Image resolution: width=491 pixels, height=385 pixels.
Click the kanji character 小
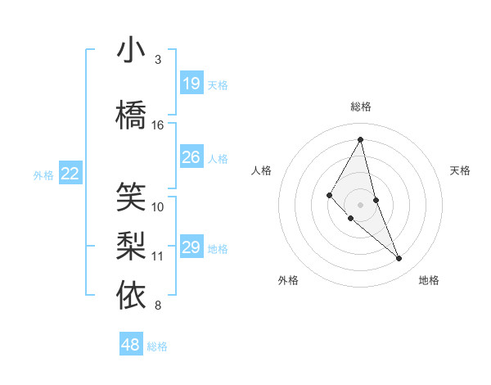pyautogui.click(x=131, y=51)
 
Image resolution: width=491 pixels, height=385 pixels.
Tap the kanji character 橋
pyautogui.click(x=131, y=115)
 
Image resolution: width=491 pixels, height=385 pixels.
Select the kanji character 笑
pyautogui.click(x=131, y=197)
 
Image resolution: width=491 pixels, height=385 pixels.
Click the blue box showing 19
pyautogui.click(x=191, y=84)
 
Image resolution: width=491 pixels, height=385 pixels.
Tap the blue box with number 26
pyautogui.click(x=191, y=157)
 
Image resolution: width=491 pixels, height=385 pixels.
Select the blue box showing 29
pyautogui.click(x=191, y=247)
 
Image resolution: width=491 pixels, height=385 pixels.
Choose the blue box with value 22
pyautogui.click(x=70, y=174)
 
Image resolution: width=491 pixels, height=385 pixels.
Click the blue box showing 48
pyautogui.click(x=131, y=345)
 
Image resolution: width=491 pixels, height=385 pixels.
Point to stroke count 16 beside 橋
pyautogui.click(x=158, y=125)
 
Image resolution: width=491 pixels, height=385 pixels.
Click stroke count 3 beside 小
pyautogui.click(x=158, y=60)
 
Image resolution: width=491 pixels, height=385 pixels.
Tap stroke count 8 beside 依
pyautogui.click(x=158, y=306)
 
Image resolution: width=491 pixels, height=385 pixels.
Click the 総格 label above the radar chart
pyautogui.click(x=361, y=106)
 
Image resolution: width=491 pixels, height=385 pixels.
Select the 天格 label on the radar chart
pyautogui.click(x=461, y=170)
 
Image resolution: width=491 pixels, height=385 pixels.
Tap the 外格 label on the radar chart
pyautogui.click(x=288, y=280)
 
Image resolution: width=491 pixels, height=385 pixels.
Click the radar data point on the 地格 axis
pyautogui.click(x=399, y=258)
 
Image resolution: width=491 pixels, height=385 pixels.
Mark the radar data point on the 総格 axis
pyautogui.click(x=361, y=139)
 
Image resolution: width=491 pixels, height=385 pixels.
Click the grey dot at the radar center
pyautogui.click(x=361, y=204)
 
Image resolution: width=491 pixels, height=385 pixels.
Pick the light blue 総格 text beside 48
pyautogui.click(x=157, y=346)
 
